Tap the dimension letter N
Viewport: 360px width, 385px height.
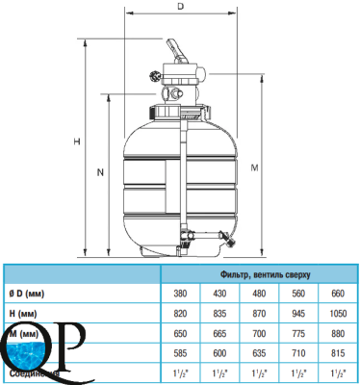pyautogui.click(x=100, y=173)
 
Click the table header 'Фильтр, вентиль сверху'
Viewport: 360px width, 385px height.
pyautogui.click(x=258, y=275)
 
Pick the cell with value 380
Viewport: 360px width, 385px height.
pyautogui.click(x=179, y=294)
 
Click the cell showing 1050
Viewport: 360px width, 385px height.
pyautogui.click(x=338, y=314)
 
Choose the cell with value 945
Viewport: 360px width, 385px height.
pyautogui.click(x=298, y=314)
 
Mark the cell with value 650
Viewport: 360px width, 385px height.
pyautogui.click(x=179, y=333)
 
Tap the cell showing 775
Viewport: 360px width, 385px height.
pyautogui.click(x=298, y=333)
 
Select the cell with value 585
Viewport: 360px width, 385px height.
pyautogui.click(x=179, y=352)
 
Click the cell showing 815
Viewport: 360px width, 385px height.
pyautogui.click(x=338, y=352)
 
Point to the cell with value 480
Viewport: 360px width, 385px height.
pyautogui.click(x=258, y=294)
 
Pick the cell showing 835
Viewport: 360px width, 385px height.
pyautogui.click(x=219, y=314)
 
